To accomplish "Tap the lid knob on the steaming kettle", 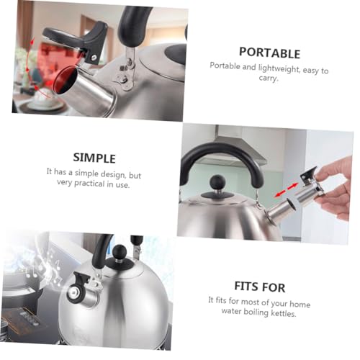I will tap(119, 252).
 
